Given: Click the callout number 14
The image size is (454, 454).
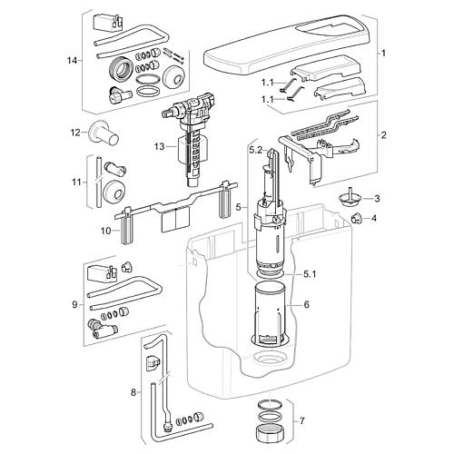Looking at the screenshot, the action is click(73, 61).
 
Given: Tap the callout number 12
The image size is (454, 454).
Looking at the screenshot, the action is click(75, 133).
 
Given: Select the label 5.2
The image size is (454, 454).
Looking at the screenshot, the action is click(256, 150).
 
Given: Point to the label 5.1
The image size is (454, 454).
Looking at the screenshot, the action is click(309, 274).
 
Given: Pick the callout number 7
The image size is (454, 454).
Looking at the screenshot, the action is click(302, 420).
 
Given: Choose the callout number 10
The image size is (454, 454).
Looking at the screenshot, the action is click(106, 231).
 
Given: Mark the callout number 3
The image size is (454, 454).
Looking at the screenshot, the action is click(377, 199).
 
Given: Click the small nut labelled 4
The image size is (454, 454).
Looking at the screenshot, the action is click(357, 218).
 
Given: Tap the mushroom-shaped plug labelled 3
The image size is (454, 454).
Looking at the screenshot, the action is click(348, 198).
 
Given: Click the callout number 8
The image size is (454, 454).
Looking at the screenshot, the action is click(133, 393).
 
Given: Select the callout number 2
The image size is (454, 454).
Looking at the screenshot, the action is click(384, 135).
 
